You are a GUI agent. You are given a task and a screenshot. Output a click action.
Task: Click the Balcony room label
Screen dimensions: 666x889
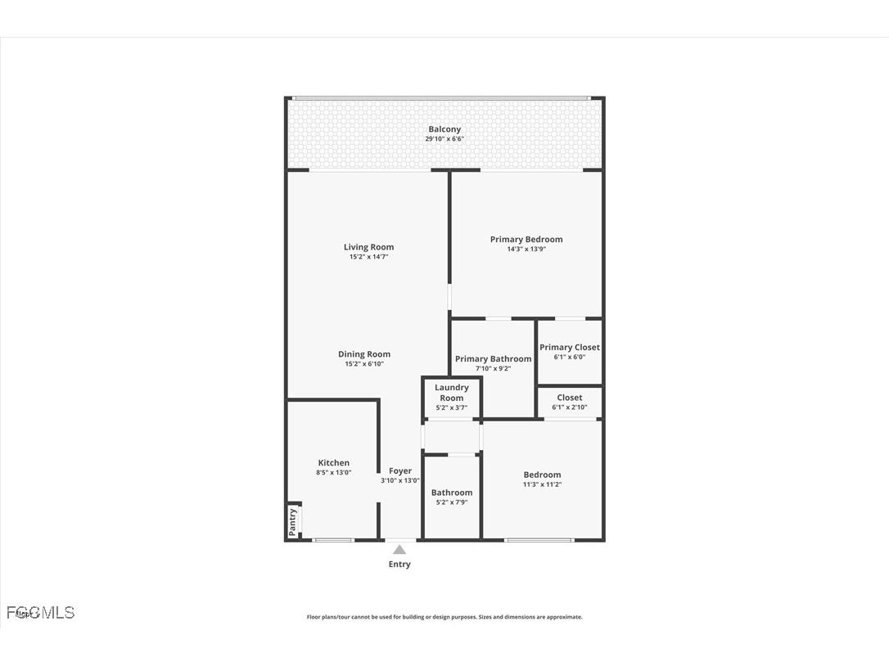click(444, 129)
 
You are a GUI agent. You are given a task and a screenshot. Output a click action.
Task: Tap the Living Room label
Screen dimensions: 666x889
click(368, 247)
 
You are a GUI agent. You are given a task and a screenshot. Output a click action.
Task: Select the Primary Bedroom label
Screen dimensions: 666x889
click(526, 240)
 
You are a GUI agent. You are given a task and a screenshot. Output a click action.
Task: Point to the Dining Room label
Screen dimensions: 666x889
click(364, 354)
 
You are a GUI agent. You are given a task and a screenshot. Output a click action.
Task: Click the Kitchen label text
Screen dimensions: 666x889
click(334, 463)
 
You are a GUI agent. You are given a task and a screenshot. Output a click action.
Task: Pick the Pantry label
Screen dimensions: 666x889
click(292, 521)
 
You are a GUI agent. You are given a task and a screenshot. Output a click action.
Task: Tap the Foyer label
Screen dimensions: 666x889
click(400, 471)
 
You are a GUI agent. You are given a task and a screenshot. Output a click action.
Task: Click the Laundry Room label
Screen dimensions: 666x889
click(452, 393)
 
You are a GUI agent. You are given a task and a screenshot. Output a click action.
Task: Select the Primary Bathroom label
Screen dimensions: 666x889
click(493, 359)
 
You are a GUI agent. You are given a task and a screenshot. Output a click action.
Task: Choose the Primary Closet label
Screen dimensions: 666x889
click(570, 348)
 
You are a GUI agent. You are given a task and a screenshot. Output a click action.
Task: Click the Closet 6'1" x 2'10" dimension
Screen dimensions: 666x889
click(570, 407)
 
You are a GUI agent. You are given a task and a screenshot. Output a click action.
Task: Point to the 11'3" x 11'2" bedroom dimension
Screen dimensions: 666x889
click(542, 484)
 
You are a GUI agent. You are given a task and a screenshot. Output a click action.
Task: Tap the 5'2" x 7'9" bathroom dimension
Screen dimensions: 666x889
click(452, 502)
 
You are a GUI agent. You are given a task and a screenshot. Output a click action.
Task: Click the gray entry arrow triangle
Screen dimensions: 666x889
click(399, 550)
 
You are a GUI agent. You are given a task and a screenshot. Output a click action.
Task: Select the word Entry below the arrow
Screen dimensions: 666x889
click(399, 565)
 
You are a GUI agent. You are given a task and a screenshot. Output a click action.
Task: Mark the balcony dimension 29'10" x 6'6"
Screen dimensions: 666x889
click(444, 139)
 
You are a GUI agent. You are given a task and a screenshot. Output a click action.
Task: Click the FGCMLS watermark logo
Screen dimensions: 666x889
click(40, 612)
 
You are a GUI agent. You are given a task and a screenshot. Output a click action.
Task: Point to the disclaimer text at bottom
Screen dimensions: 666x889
click(444, 617)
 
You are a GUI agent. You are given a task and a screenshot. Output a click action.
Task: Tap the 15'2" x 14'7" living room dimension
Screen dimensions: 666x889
click(368, 257)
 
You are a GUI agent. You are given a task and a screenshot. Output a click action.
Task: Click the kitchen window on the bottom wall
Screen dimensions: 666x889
click(334, 539)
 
